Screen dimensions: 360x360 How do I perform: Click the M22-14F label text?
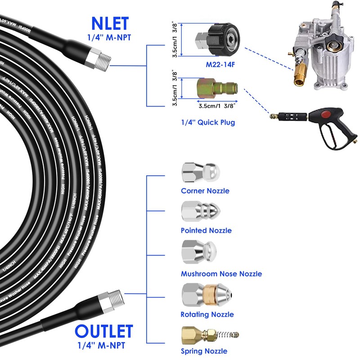pos(220,64)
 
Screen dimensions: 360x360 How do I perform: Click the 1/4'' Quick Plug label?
pos(208,122)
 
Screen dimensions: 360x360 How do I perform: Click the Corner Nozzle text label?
pos(205,191)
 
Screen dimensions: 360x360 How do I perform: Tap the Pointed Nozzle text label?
pos(206,230)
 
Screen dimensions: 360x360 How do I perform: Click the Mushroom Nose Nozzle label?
pos(221,274)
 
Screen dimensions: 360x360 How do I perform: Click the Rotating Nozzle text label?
pos(207,315)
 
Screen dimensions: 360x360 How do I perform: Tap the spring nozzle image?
pos(209,334)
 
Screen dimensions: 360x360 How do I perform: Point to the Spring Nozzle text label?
pos(204,351)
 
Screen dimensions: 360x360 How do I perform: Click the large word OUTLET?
pos(104,331)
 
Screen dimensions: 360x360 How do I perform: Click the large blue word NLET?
pos(110,23)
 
